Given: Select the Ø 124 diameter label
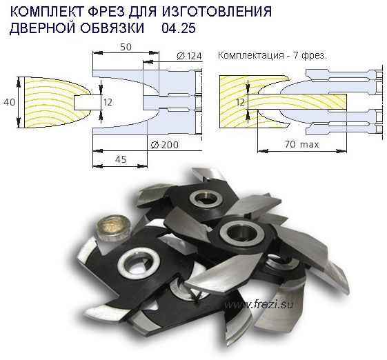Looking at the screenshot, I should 188,56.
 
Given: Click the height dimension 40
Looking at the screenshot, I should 7,102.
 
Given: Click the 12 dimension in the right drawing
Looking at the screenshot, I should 240,101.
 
